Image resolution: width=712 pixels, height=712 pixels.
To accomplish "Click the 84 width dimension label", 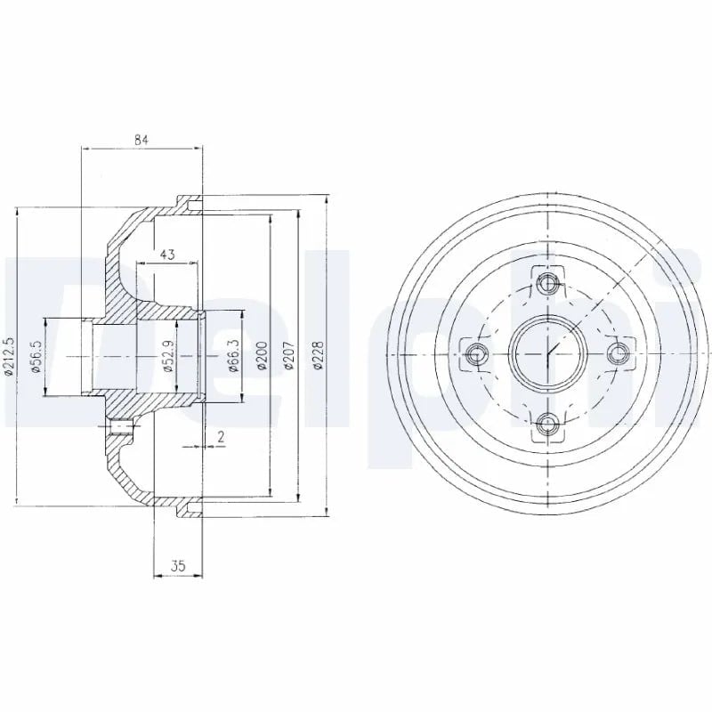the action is coord(142,140).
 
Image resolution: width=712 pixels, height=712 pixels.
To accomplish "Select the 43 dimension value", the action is coord(167,255).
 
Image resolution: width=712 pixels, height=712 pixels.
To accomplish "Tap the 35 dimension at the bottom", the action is coord(179,566).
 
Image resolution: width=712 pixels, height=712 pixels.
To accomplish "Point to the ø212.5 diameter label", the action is coord(9,356).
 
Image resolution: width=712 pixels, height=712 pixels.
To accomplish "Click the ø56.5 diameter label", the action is coord(37,357).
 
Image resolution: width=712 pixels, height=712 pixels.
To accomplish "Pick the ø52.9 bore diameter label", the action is coord(167,357).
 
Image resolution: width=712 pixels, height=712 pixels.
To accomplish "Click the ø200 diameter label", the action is coord(263,356).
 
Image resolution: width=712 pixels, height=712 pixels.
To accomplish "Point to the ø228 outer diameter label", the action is coord(320,356).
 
